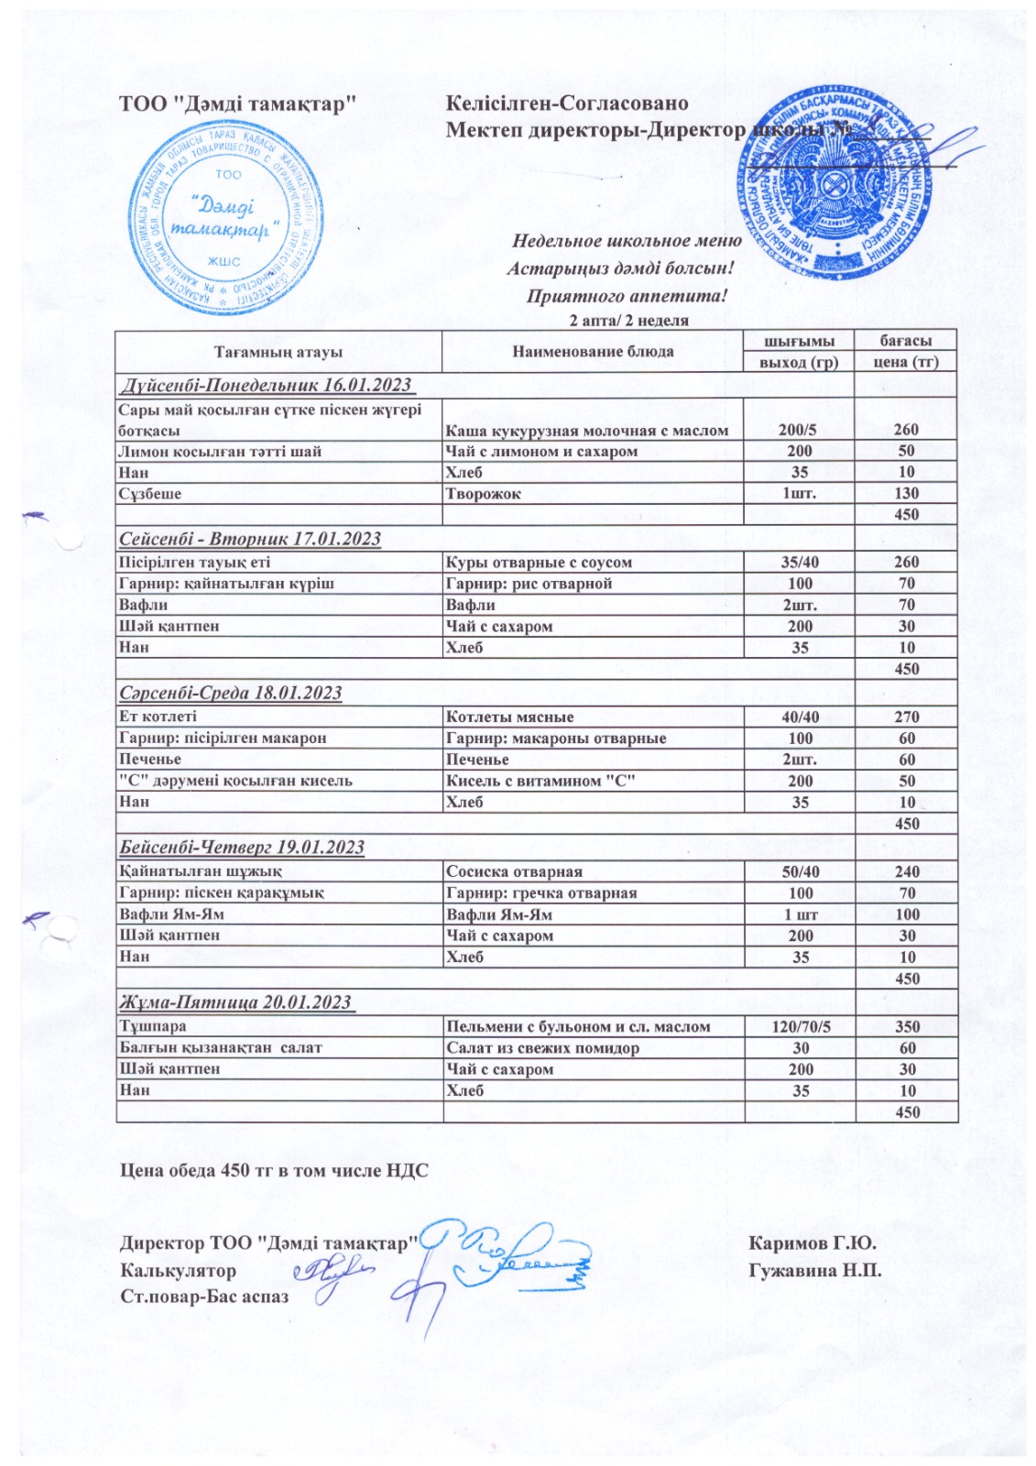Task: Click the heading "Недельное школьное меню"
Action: pos(627,241)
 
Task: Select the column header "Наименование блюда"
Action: pos(593,351)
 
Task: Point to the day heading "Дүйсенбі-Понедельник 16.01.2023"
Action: pos(266,385)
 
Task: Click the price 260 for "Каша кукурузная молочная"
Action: pos(906,430)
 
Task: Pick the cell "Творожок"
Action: pos(483,494)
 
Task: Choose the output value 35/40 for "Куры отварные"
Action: pos(800,563)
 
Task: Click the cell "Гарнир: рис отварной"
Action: pos(529,584)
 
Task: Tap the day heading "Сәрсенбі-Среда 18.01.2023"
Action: pos(231,693)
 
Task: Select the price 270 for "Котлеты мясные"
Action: pos(906,717)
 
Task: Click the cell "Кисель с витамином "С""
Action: pos(540,781)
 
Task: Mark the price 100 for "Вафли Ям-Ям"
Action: pos(906,914)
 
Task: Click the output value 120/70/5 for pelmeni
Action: pos(800,1027)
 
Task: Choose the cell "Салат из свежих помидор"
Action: pos(542,1048)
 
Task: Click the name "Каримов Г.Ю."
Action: pos(812,1243)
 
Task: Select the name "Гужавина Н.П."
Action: pos(814,1271)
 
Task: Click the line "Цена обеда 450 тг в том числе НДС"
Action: pos(275,1171)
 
